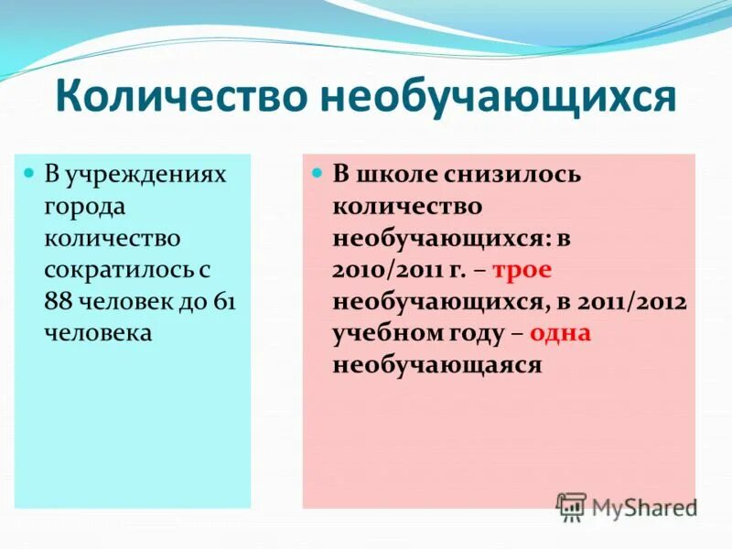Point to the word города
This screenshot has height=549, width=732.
84,206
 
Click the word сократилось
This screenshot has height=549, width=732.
127,270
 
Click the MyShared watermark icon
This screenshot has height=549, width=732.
572,505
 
